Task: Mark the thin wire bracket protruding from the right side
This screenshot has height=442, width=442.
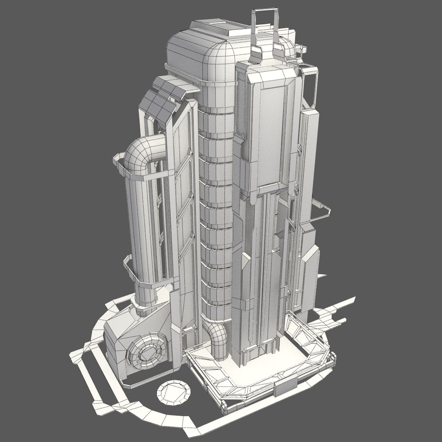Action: (323, 213)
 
